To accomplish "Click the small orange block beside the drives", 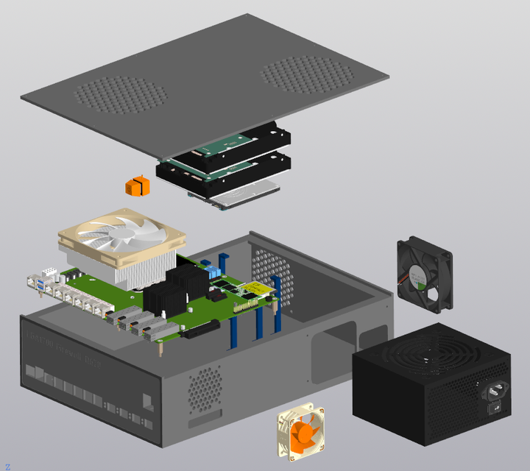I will [137, 186].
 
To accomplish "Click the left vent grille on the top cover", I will [121, 95].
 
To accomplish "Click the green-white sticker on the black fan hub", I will [418, 275].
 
